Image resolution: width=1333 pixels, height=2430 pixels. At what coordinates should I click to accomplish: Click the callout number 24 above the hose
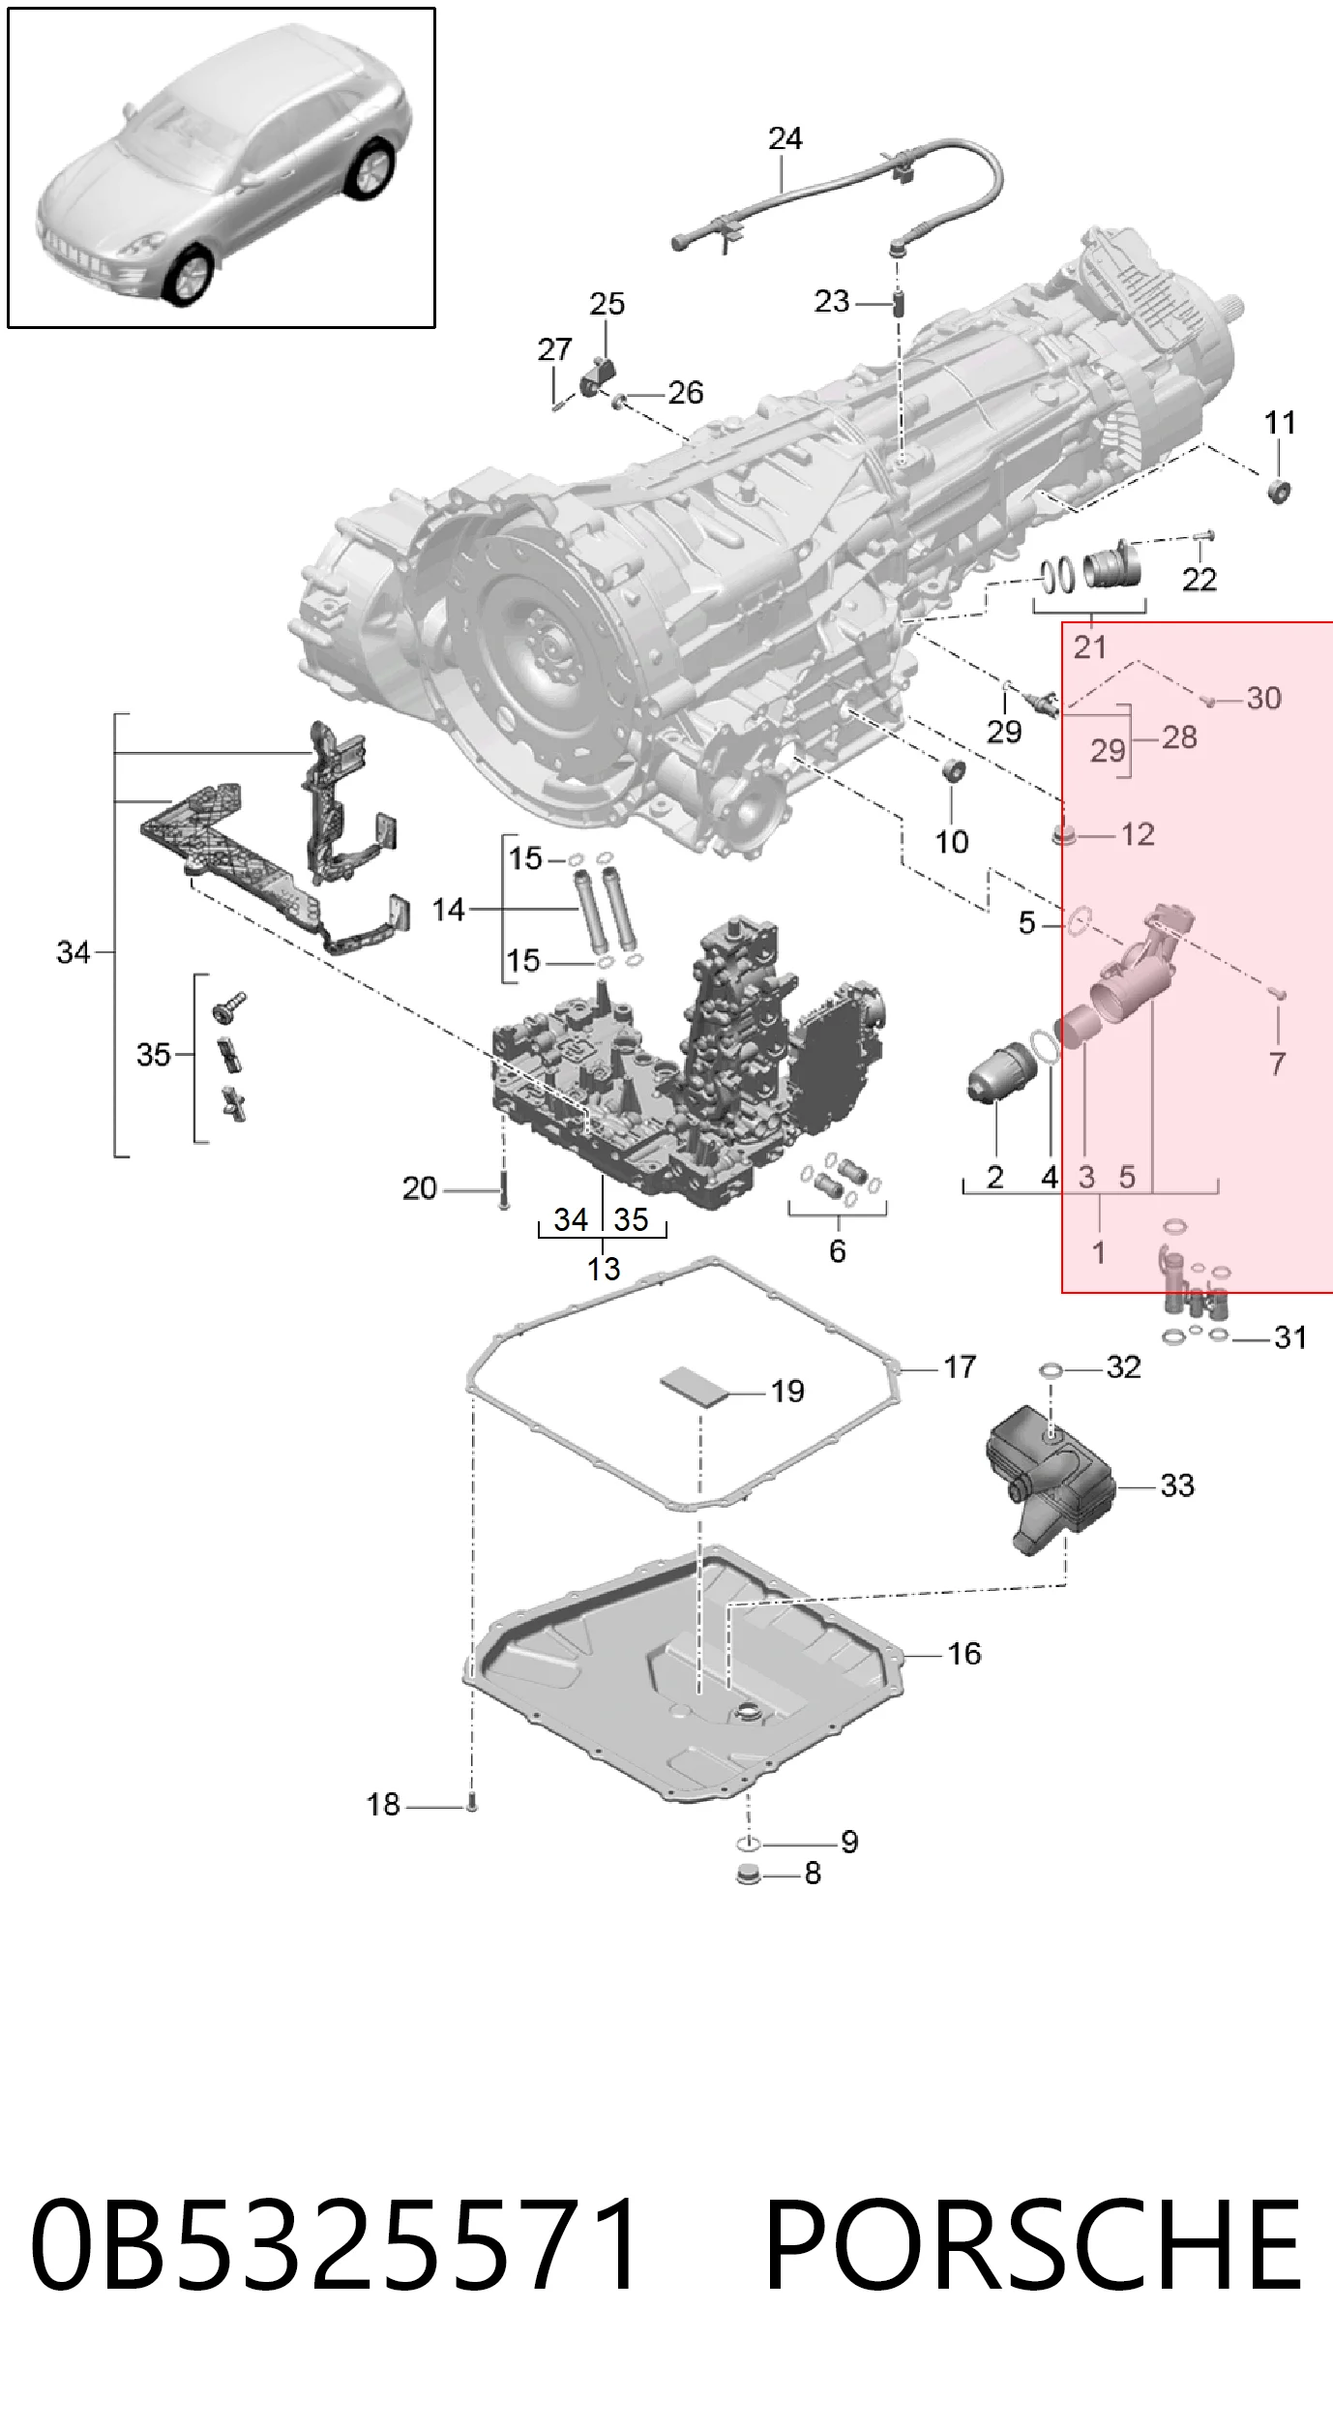pyautogui.click(x=785, y=139)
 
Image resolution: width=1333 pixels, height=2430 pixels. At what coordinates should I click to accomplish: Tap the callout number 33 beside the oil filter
pyautogui.click(x=1177, y=1485)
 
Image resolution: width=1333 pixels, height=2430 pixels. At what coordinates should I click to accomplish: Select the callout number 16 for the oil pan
pyautogui.click(x=963, y=1654)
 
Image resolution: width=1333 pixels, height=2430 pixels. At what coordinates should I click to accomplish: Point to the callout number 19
pyautogui.click(x=787, y=1392)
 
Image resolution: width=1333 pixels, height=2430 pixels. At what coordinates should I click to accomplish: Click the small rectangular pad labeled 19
pyautogui.click(x=694, y=1387)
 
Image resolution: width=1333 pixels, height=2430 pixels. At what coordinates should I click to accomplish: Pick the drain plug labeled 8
pyautogui.click(x=747, y=1875)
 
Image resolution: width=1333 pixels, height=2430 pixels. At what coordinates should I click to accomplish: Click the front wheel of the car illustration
pyautogui.click(x=188, y=276)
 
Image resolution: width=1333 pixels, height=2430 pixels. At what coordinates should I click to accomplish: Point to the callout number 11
pyautogui.click(x=1280, y=423)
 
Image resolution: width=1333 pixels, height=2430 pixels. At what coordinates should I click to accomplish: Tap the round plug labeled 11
pyautogui.click(x=1280, y=491)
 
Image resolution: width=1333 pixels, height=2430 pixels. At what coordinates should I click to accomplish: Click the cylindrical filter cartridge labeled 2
pyautogui.click(x=1002, y=1072)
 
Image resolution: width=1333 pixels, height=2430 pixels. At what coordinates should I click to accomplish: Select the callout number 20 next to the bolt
pyautogui.click(x=419, y=1188)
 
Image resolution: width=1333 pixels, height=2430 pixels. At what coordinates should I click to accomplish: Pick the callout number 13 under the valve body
pyautogui.click(x=604, y=1269)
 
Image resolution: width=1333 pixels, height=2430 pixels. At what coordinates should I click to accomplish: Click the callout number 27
pyautogui.click(x=554, y=349)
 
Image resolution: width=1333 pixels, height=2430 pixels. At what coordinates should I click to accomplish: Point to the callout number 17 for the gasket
pyautogui.click(x=960, y=1367)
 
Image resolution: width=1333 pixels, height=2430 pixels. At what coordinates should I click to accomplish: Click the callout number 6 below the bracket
pyautogui.click(x=838, y=1251)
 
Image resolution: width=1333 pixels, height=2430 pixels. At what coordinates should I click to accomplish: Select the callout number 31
pyautogui.click(x=1290, y=1337)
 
